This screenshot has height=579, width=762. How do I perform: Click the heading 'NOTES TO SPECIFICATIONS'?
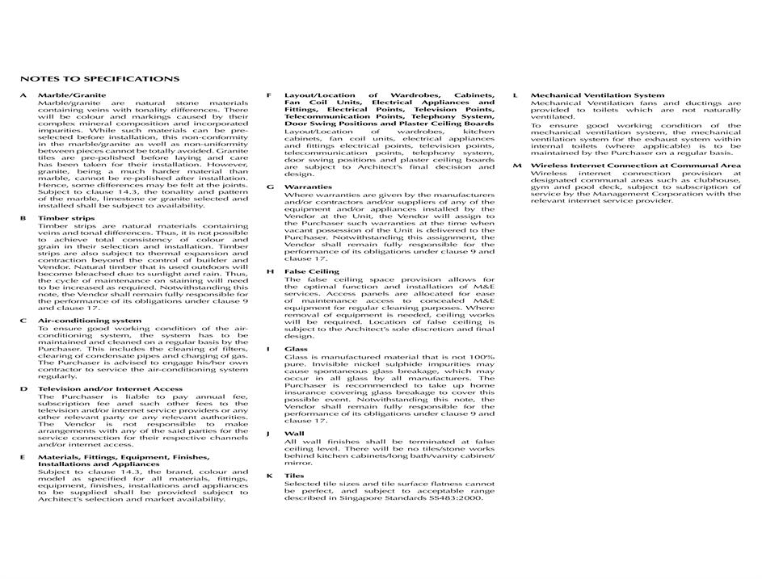(x=99, y=79)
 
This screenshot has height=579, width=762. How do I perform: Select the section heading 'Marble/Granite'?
(x=71, y=95)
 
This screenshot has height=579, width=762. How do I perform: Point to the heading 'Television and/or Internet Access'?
(x=110, y=388)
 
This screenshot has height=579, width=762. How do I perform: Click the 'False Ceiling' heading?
(x=311, y=271)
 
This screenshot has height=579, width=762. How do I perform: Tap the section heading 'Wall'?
(x=293, y=434)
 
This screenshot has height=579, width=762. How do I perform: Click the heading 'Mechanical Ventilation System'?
(x=597, y=95)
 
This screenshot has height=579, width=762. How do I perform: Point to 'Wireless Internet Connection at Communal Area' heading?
(x=635, y=166)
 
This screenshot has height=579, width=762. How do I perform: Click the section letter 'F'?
(x=269, y=95)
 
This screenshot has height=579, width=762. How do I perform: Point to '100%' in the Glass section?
(x=485, y=357)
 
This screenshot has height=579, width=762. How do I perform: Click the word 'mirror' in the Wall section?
(x=298, y=464)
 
